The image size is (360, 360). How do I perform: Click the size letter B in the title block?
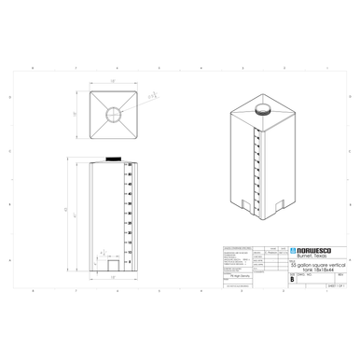[x=293, y=279]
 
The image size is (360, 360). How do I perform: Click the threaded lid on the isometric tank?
[x=263, y=109]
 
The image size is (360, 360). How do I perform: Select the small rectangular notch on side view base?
[x=114, y=265]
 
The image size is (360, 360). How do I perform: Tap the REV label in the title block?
[x=339, y=274]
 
